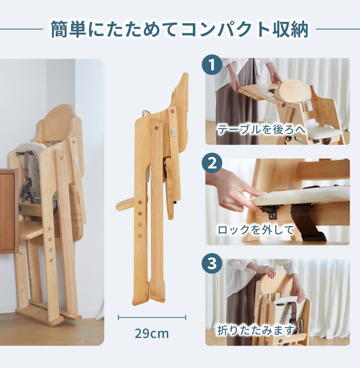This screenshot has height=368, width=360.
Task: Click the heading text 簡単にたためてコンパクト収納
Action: tap(179, 30)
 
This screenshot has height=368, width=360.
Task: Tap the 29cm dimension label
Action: tap(152, 333)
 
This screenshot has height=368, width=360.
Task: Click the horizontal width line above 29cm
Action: tap(152, 317)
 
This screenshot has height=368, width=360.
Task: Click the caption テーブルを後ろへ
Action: tap(261, 129)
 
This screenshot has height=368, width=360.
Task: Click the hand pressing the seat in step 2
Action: tap(235, 190)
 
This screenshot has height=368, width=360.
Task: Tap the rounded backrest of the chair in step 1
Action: tap(295, 91)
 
